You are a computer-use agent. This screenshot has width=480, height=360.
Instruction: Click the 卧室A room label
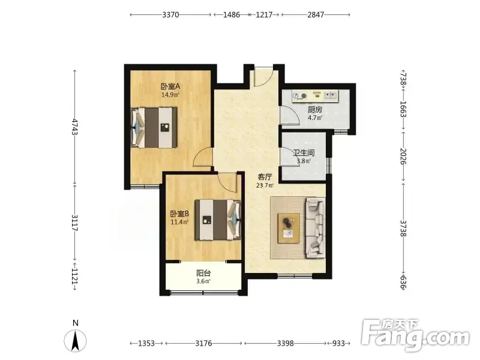pos(170,86)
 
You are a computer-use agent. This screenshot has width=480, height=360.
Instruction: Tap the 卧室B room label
pos(179,214)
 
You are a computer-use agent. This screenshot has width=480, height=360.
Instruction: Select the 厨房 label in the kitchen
pos(315,110)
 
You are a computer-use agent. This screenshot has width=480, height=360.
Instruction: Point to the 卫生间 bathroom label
pos(304,153)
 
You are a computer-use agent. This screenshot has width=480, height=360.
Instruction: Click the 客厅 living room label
pos(265,177)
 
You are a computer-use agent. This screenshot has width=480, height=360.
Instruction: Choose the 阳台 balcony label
pos(203,273)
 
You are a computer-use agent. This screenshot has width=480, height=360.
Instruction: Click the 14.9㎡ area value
pos(170,95)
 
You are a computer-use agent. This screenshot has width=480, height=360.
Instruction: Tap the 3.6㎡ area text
pos(203,281)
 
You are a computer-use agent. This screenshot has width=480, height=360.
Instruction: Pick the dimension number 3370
pos(170,14)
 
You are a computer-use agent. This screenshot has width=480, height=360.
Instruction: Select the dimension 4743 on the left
pos(74,127)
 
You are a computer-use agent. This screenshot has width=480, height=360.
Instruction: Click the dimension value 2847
pos(316,14)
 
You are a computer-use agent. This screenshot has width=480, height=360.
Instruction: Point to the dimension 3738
pos(403,229)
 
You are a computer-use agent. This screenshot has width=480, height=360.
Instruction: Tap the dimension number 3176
pos(203,343)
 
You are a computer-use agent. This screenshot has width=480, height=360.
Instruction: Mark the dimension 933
pos(338,343)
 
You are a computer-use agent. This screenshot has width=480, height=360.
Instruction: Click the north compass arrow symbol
pos(75,340)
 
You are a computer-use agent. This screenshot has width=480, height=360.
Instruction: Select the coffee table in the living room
pos(289,229)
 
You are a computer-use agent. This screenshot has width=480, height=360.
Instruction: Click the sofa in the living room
pos(316,228)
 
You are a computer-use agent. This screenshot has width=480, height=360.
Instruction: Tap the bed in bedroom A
pos(154,127)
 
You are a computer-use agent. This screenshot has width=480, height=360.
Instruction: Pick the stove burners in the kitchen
pos(299,96)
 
